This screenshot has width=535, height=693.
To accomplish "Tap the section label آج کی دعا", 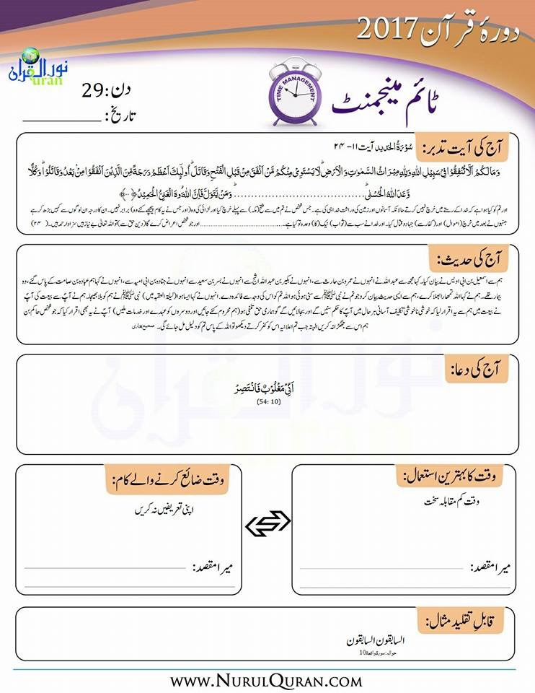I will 483,370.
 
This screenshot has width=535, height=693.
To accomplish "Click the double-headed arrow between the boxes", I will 267,525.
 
